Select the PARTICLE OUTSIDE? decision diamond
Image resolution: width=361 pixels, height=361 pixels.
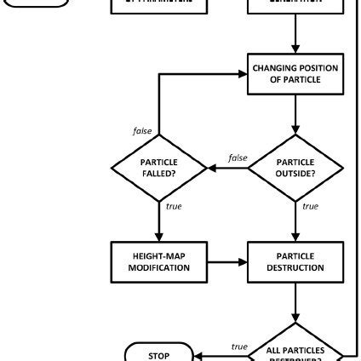click(295, 169)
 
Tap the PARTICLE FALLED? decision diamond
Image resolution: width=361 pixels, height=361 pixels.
click(159, 169)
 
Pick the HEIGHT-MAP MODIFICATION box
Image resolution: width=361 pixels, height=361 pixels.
click(159, 261)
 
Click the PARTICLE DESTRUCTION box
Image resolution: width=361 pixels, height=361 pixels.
click(295, 261)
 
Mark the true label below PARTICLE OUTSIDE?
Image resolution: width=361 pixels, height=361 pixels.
click(310, 205)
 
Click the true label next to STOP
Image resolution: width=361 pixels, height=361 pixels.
click(239, 346)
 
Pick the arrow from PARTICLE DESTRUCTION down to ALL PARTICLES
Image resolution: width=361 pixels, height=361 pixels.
click(295, 304)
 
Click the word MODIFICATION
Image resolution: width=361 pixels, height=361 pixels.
click(159, 267)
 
